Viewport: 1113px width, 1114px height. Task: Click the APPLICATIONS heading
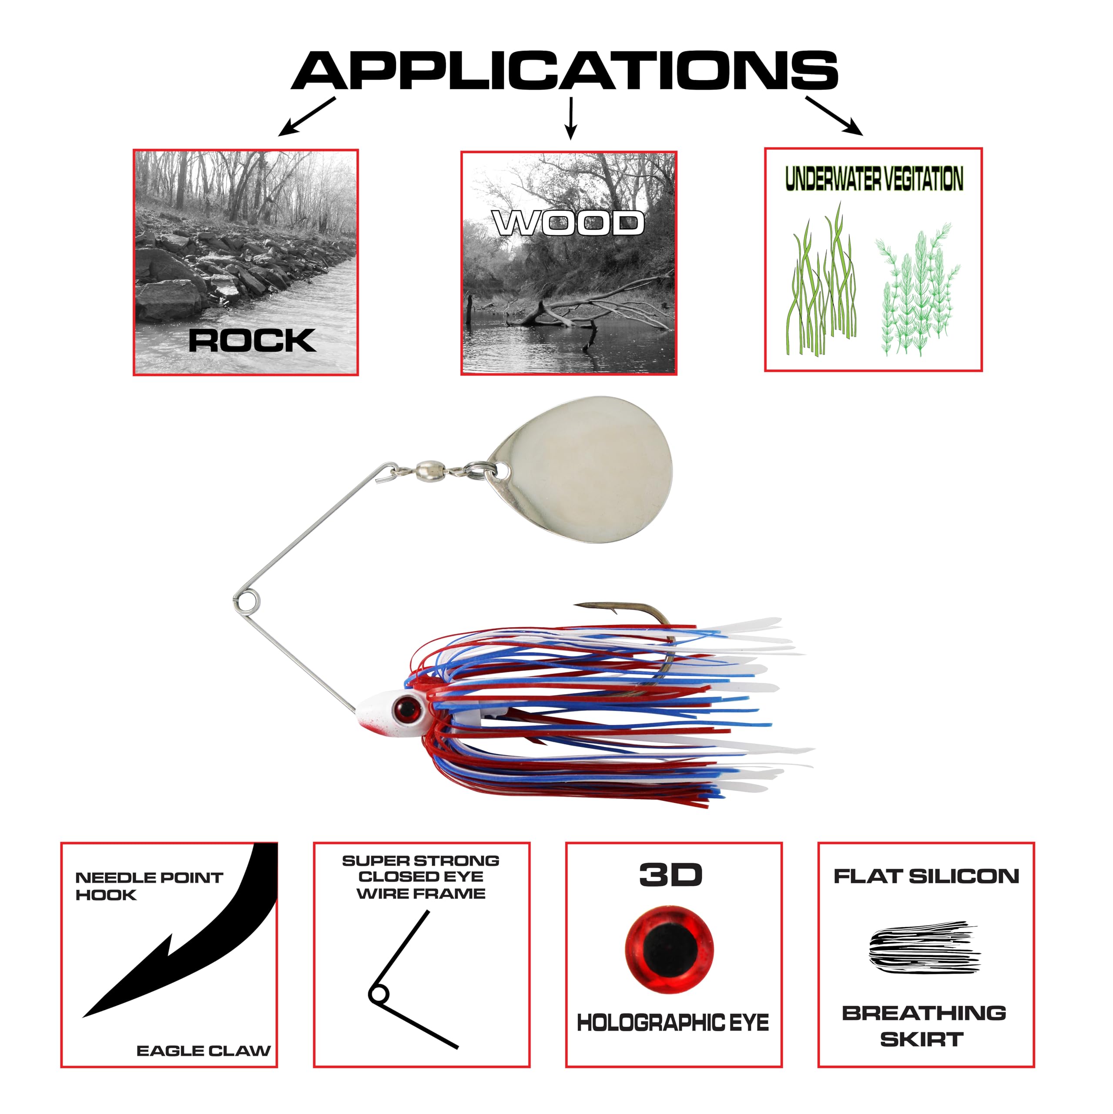564,70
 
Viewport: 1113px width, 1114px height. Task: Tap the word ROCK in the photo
253,340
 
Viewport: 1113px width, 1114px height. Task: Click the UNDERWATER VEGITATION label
874,179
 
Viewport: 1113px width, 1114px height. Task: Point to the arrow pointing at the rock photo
307,117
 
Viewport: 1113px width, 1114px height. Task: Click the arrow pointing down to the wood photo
571,118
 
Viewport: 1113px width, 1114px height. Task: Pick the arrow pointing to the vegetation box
834,116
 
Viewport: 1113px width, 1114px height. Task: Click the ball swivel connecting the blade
431,470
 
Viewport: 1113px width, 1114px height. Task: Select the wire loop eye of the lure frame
247,601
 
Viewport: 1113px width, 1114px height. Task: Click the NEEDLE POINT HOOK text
149,886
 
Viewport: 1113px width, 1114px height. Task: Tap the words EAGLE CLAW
204,1050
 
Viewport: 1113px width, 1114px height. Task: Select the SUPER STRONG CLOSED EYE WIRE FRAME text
421,877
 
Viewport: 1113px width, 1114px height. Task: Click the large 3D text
670,875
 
